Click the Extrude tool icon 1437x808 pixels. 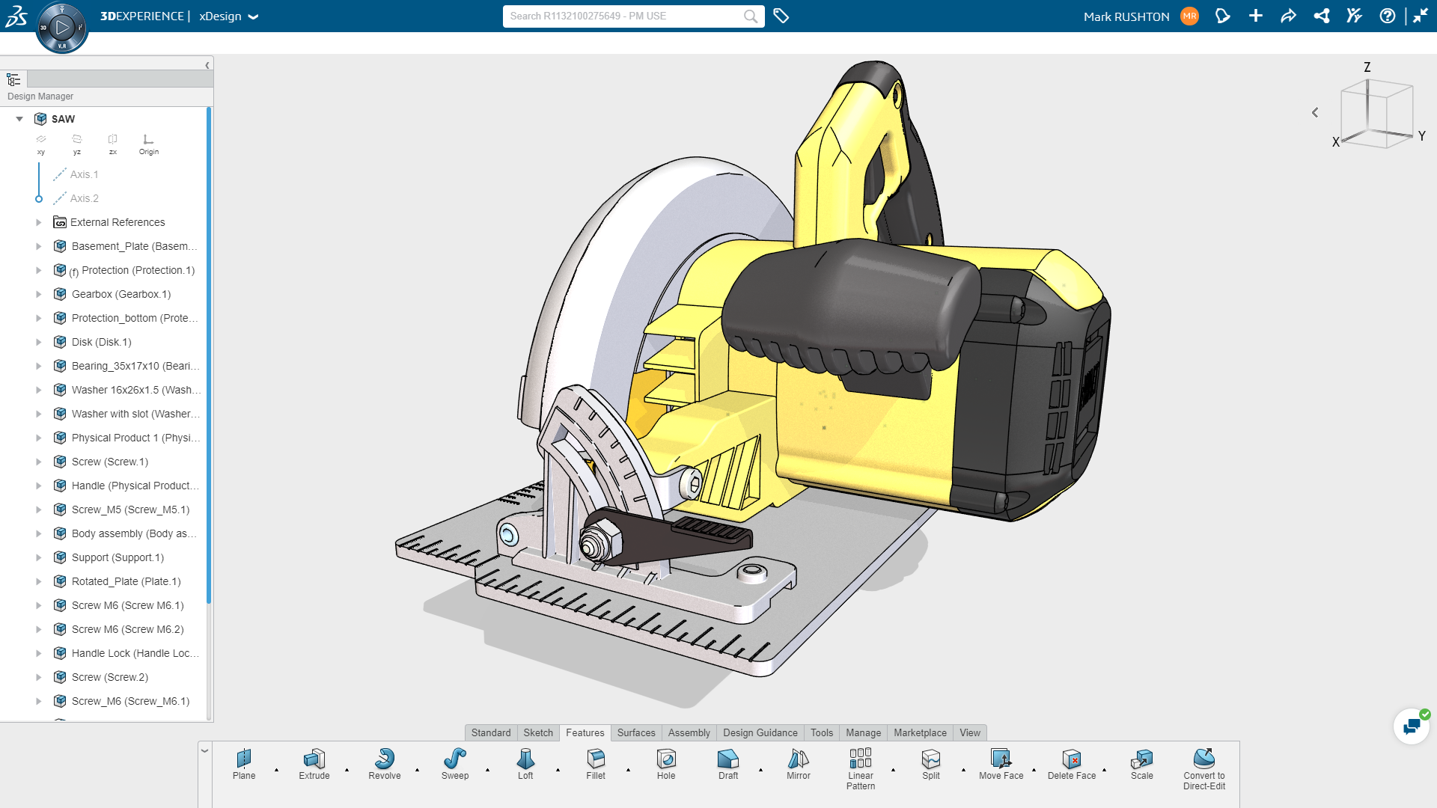[314, 759]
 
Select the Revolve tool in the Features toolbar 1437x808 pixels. [385, 759]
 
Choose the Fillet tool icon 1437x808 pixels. [596, 759]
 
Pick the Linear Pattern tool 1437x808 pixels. [861, 759]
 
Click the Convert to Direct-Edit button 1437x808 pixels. [1204, 759]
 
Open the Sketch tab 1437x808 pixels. [538, 732]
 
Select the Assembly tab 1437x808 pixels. [689, 732]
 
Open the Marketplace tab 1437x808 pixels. [920, 732]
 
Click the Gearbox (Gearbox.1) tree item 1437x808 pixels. [121, 294]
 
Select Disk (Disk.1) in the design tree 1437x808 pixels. [102, 342]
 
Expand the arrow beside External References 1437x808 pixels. [39, 222]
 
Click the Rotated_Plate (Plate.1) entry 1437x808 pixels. [126, 581]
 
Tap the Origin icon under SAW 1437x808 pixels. [148, 140]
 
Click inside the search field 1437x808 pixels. [625, 16]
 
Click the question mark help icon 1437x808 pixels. [1387, 16]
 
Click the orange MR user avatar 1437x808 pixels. [1189, 16]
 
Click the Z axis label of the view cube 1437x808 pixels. [1367, 67]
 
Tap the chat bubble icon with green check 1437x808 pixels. [1412, 726]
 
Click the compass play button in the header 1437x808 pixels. [62, 28]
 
